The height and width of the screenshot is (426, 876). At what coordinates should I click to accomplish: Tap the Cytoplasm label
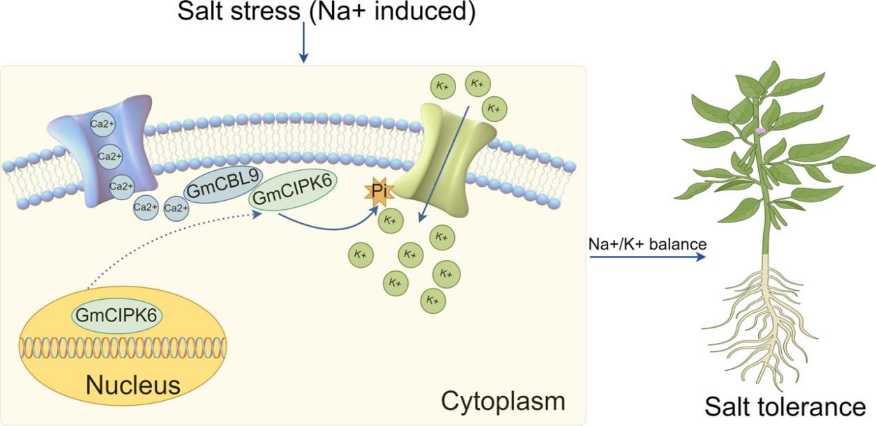click(503, 401)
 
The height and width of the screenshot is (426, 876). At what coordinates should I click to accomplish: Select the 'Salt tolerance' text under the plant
click(785, 406)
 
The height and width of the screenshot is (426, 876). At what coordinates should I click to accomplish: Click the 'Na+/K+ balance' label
click(648, 244)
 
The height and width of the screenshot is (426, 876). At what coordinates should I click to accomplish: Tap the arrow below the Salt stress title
click(303, 43)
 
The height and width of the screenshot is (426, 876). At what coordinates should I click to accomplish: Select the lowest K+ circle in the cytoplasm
click(432, 301)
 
